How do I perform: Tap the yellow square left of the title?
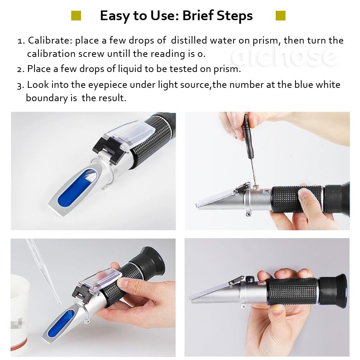[76, 15]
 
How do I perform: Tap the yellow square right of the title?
[280, 15]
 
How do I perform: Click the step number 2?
[21, 69]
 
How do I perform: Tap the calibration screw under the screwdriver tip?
[257, 187]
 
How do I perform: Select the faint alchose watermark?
[284, 56]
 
